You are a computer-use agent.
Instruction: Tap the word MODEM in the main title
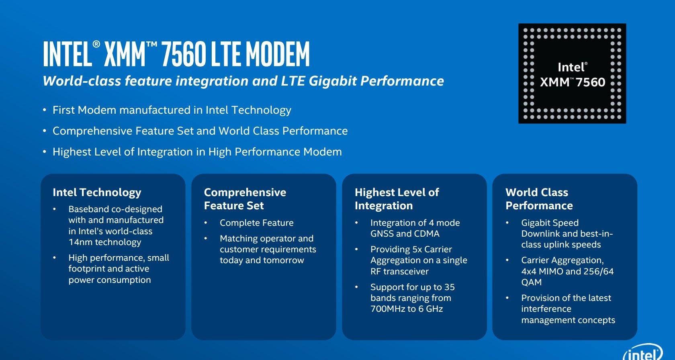click(x=278, y=54)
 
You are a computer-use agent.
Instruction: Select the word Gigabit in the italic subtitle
click(x=333, y=81)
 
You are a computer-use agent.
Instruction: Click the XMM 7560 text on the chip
click(x=572, y=82)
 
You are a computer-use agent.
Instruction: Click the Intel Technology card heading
click(x=97, y=192)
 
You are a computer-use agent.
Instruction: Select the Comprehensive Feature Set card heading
click(x=245, y=199)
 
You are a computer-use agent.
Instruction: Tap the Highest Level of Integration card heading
click(x=397, y=199)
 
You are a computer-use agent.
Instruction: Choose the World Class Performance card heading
click(x=539, y=199)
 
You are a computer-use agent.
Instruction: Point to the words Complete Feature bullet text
click(x=256, y=223)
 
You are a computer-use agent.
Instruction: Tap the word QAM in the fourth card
click(x=531, y=282)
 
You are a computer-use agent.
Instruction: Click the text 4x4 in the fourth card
click(x=529, y=272)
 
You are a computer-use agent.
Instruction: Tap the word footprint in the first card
click(x=87, y=269)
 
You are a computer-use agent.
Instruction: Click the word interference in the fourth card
click(x=546, y=309)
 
